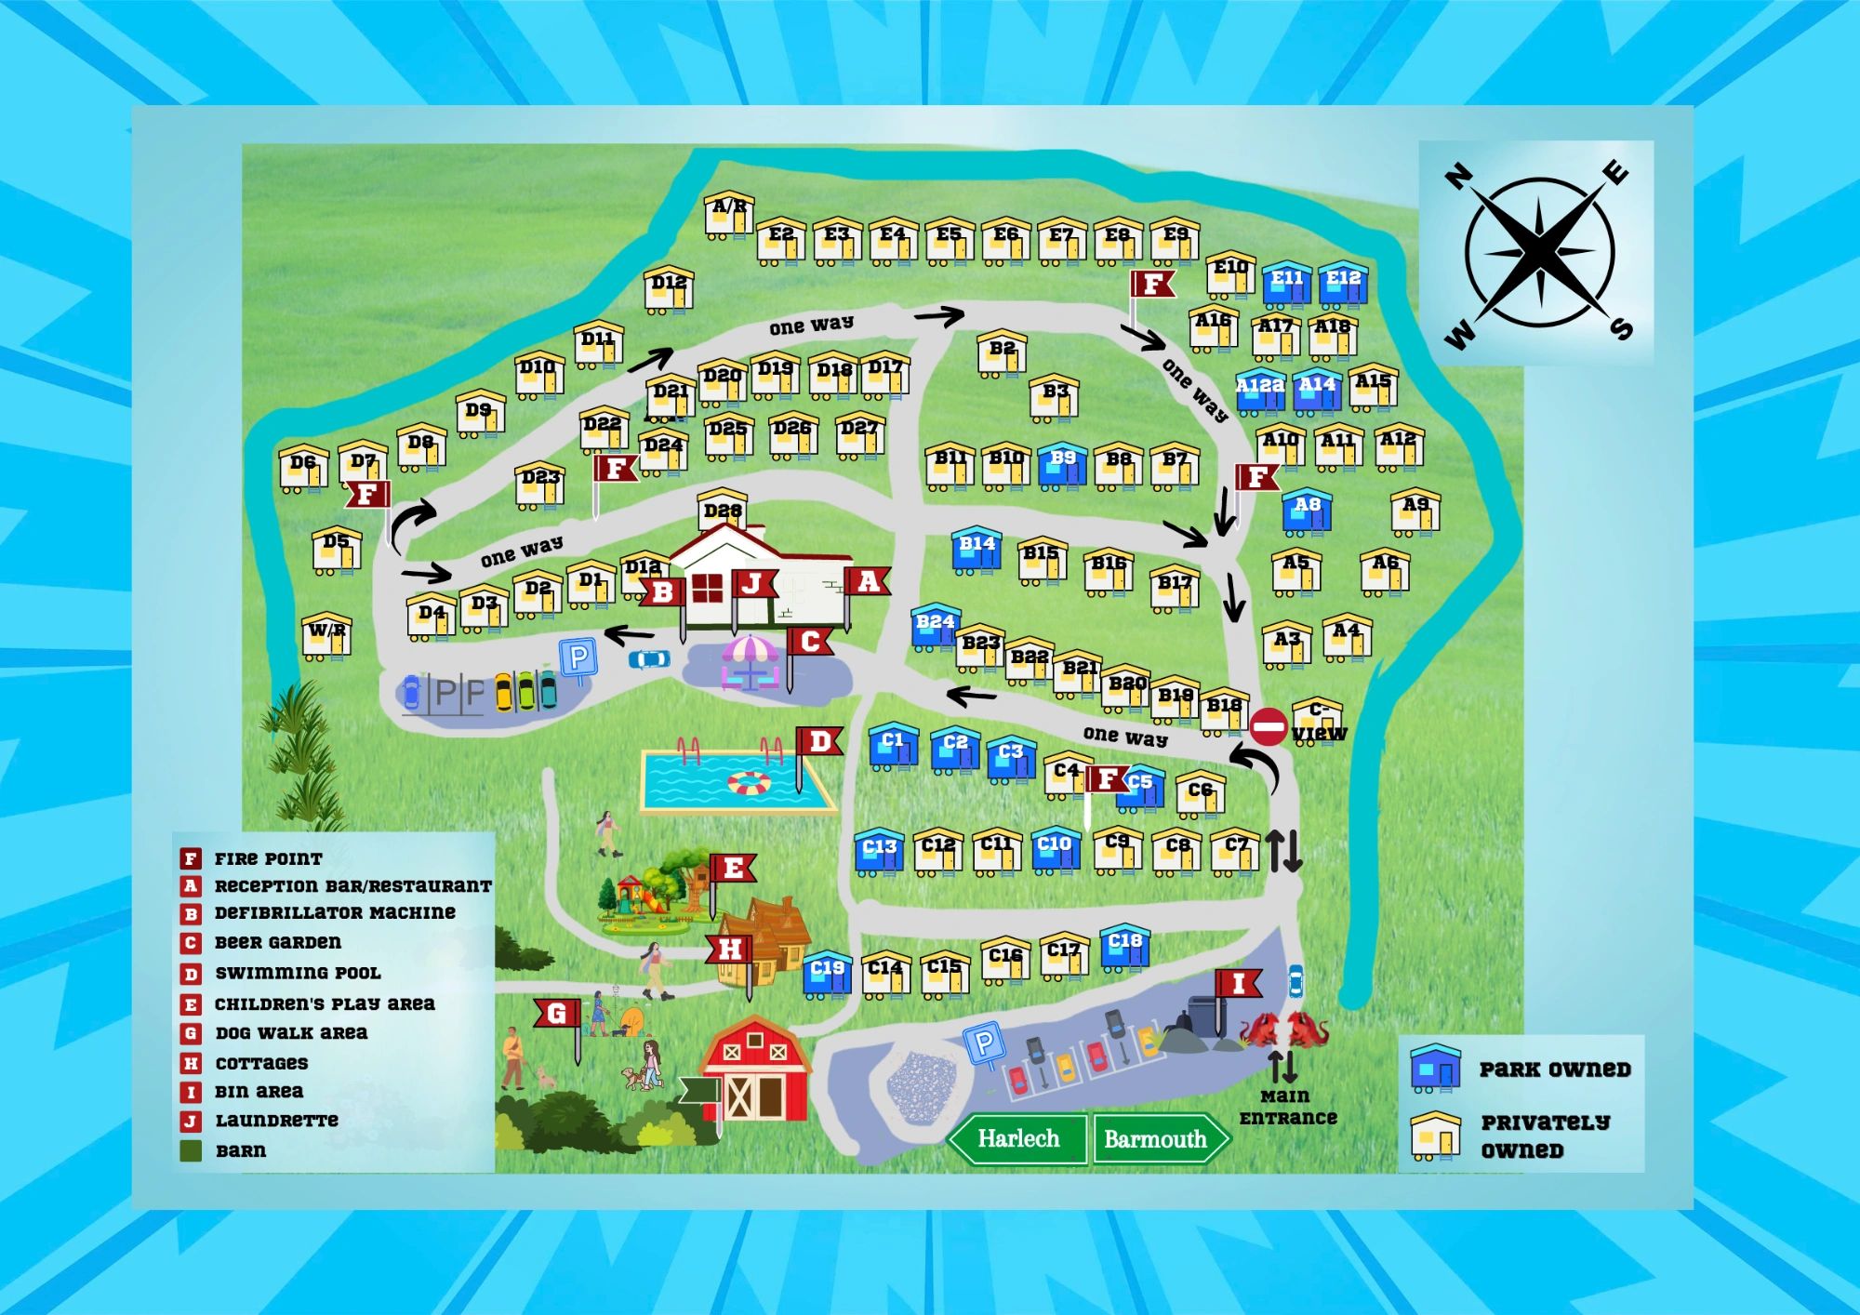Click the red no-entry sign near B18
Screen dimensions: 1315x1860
(1269, 726)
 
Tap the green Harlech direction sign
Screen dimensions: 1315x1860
(1018, 1138)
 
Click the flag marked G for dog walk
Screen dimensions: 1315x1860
(557, 1014)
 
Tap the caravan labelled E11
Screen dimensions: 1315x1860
(1287, 284)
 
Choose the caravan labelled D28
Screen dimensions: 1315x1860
(722, 511)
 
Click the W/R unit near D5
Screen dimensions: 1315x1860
(326, 635)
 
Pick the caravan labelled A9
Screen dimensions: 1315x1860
(1415, 511)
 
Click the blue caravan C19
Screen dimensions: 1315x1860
(827, 972)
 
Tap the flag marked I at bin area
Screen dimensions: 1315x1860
(1238, 984)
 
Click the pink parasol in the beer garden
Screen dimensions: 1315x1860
(750, 649)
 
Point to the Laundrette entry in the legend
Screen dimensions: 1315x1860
(276, 1121)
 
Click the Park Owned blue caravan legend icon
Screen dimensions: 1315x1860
(1435, 1068)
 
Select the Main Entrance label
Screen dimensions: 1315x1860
(1288, 1107)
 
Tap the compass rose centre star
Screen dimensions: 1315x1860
(1539, 252)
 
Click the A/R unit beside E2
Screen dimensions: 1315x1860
(728, 215)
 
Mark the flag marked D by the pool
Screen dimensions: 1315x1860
(819, 742)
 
